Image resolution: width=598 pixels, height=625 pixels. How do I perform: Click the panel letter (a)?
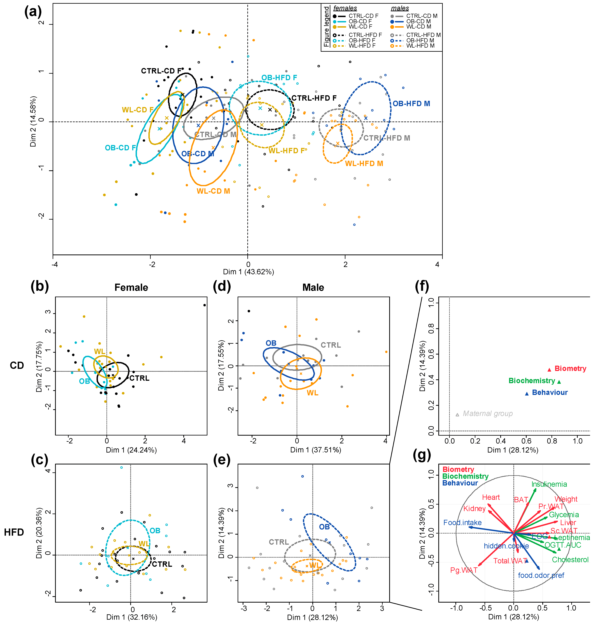click(33, 12)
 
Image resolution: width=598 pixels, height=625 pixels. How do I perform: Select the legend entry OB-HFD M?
click(420, 40)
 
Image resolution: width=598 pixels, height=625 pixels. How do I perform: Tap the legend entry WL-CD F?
click(360, 27)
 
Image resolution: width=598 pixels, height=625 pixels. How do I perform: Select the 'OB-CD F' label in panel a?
click(120, 148)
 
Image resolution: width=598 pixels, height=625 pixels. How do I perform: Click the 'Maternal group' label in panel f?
click(487, 414)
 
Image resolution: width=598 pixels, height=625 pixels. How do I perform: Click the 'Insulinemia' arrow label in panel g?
click(549, 484)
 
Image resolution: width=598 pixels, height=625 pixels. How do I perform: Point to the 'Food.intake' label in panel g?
click(462, 523)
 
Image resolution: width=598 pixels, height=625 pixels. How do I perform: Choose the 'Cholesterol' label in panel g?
click(570, 560)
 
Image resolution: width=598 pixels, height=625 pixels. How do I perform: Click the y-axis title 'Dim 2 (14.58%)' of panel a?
click(33, 121)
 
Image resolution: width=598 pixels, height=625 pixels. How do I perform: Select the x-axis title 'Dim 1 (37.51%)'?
click(315, 450)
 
